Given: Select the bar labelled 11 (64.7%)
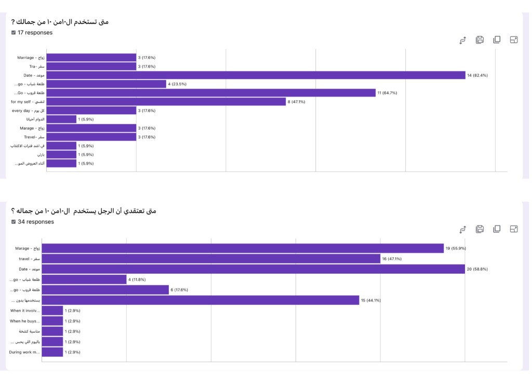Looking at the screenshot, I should tap(211, 93).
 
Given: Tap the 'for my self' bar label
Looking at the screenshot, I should tap(28, 102).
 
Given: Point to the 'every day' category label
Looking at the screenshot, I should tap(28, 111).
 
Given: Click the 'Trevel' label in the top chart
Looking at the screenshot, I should tap(32, 137).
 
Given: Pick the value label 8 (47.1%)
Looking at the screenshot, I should tap(297, 102).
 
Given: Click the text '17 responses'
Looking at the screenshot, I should tap(35, 33).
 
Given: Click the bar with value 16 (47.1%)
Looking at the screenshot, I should tap(211, 259).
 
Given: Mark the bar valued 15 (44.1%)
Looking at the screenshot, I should tap(201, 300).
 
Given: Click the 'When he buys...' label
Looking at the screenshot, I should tap(24, 321).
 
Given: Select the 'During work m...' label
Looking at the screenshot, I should tap(24, 352).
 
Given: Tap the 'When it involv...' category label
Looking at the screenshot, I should tap(24, 311).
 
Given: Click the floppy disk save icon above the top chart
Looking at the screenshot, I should tap(480, 40).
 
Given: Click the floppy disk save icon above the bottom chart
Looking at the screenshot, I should tap(480, 229).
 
